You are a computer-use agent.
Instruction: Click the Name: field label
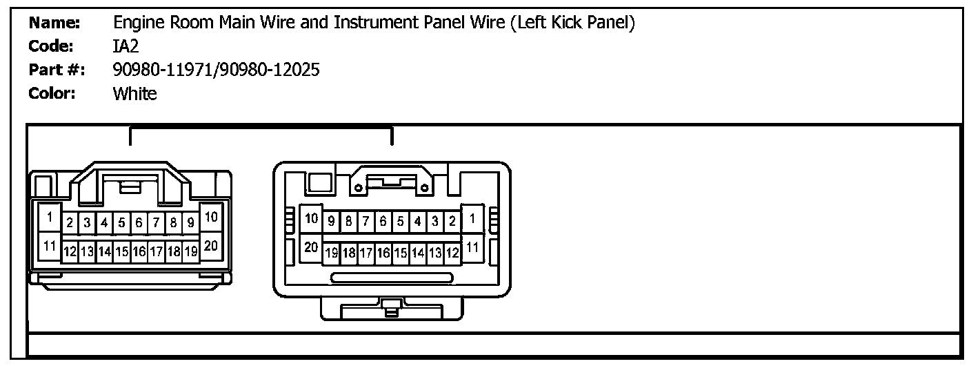point(54,23)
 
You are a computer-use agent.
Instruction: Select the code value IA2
point(126,46)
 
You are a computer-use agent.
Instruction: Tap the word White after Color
point(134,93)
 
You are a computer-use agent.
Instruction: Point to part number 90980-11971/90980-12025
point(216,70)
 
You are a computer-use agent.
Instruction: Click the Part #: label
point(57,70)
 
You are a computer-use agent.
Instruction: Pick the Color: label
point(52,93)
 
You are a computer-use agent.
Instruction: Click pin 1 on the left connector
point(50,217)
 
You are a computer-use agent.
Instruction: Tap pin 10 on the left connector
point(211,217)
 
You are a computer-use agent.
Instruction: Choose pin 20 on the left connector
point(211,246)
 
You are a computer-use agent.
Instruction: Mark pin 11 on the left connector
point(50,246)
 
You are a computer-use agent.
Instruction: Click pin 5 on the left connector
point(121,223)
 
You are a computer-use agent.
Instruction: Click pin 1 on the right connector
point(472,218)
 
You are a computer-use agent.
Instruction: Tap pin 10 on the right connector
point(312,218)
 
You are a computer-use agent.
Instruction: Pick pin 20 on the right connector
point(312,247)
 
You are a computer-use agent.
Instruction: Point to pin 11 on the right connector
point(472,247)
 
